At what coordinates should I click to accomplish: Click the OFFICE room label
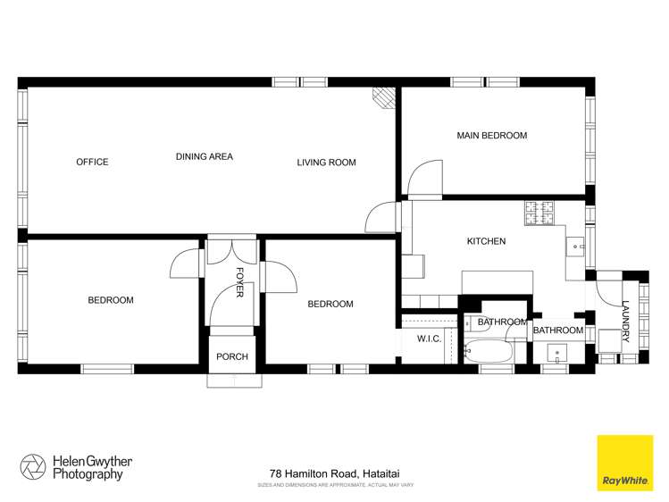click(92, 162)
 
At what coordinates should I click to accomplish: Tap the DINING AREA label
click(204, 156)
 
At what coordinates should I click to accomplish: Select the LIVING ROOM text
click(326, 163)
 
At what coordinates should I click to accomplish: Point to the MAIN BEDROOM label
click(491, 136)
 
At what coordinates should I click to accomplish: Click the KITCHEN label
click(486, 241)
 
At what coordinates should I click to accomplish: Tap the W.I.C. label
click(430, 339)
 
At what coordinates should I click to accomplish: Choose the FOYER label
click(239, 282)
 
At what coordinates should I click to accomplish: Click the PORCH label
click(232, 357)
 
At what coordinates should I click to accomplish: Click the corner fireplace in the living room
click(383, 98)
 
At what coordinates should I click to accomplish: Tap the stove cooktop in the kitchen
click(539, 213)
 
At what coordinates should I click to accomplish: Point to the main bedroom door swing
click(423, 177)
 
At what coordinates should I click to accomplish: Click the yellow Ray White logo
click(624, 464)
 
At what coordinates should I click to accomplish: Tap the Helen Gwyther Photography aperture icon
click(33, 467)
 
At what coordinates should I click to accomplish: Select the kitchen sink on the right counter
click(576, 243)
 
